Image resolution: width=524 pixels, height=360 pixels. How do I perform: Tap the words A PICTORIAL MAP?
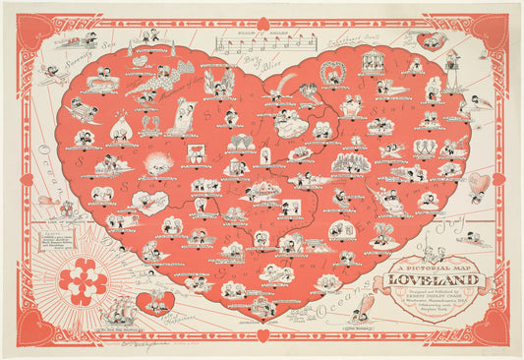pyautogui.click(x=425, y=266)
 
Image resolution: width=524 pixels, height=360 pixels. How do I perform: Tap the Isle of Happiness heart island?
pyautogui.click(x=155, y=299)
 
